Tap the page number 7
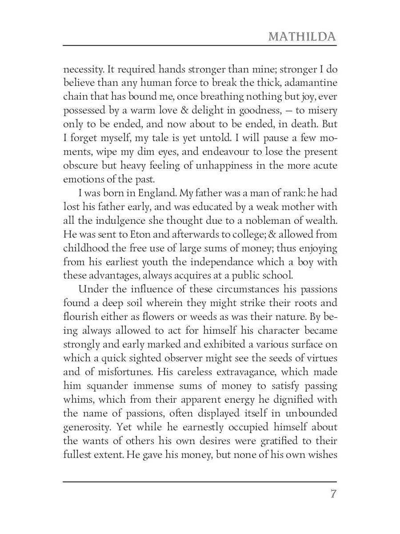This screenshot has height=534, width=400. [x=333, y=494]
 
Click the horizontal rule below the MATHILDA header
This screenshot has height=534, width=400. [x=200, y=45]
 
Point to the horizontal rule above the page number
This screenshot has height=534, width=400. [x=200, y=481]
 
